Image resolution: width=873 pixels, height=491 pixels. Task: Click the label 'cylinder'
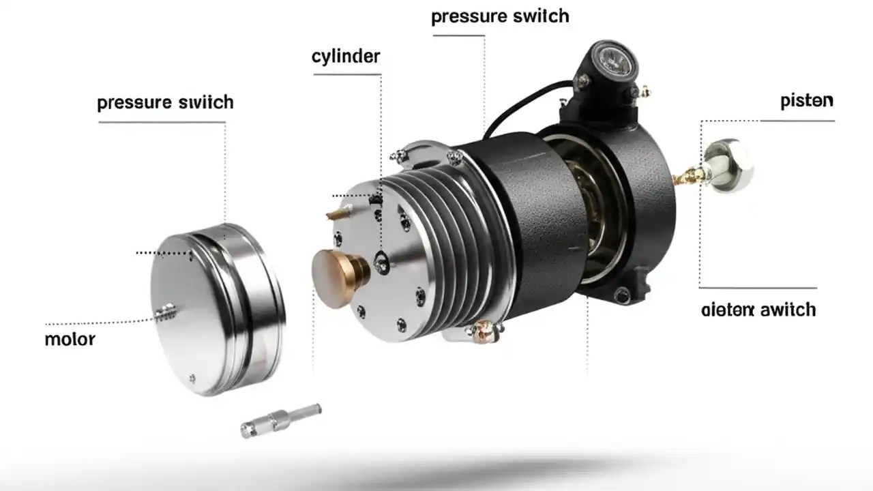coord(346,56)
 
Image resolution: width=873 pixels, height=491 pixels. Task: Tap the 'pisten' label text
coord(806,101)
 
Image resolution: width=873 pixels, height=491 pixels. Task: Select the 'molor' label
coord(70,339)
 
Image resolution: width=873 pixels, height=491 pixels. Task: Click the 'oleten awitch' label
coord(758,310)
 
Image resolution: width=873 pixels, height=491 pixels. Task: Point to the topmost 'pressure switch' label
coord(500,16)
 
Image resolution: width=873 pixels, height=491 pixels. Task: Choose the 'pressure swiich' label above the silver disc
coord(165,102)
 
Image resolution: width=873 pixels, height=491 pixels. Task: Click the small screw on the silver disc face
coord(164,312)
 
